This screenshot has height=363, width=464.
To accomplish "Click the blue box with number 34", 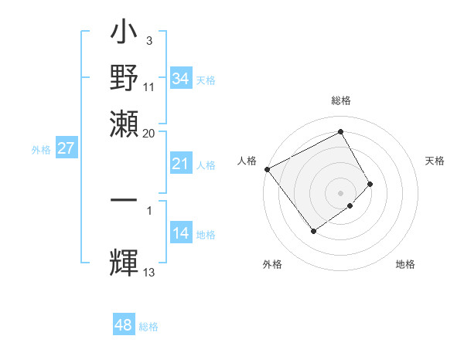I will pos(180,79).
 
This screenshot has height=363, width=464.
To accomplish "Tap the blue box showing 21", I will pos(180,164).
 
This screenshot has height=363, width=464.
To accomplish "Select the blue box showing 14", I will pos(180,234).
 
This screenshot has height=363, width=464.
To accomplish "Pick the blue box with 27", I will pos(66,148).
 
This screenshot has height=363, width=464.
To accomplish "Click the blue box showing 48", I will pos(123,325).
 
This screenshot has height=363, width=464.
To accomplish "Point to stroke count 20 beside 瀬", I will pos(148,133).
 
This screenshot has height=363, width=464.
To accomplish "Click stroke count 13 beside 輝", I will pos(149,272).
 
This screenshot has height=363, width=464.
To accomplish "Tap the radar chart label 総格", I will pos(341,101).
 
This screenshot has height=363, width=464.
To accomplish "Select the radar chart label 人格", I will pos(247,161).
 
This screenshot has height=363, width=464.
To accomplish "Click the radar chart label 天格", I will pos(435,161).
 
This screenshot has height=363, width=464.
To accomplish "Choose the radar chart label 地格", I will pos(405,264).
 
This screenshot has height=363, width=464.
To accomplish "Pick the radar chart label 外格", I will pos(272,264).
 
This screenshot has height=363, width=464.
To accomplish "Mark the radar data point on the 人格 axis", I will pos(267,169).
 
